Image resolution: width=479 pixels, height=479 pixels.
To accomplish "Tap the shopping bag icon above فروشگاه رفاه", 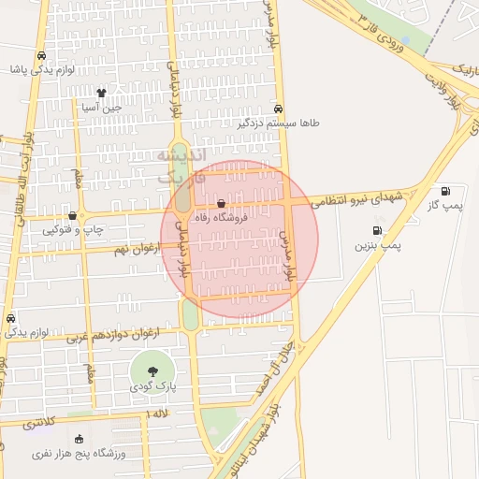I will [x=221, y=203].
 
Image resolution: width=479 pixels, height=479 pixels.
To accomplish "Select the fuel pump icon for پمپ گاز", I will [x=444, y=191].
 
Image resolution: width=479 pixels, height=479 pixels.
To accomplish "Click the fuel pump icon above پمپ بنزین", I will [x=377, y=230].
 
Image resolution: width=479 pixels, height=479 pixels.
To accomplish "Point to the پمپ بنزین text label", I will [x=377, y=245].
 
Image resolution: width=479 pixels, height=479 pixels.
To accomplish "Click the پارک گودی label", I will [x=152, y=386].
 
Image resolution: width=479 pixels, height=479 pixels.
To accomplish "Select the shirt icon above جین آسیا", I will [x=102, y=93].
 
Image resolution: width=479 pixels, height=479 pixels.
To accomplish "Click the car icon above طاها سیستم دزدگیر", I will [x=280, y=108].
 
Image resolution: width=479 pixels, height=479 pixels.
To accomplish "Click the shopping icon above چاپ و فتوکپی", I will [x=72, y=215].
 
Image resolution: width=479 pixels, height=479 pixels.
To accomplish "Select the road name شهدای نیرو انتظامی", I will [x=365, y=197].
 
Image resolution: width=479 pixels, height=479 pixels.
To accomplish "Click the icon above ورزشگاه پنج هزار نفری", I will [x=79, y=439].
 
